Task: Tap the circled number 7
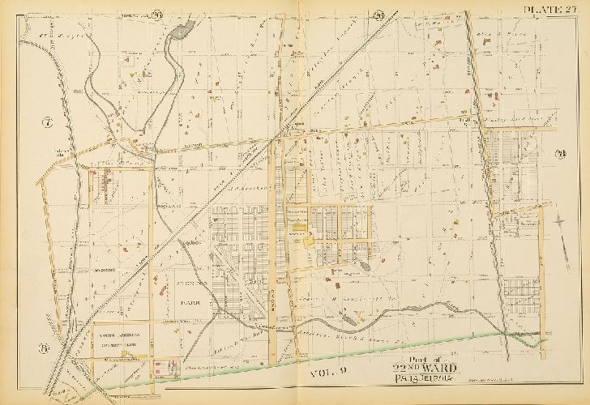tap(47, 123)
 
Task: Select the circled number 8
tap(45, 350)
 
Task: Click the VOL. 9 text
tap(329, 372)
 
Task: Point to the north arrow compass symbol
tap(561, 220)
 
